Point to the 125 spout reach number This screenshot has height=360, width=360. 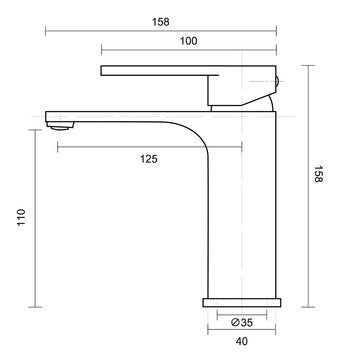click(x=149, y=159)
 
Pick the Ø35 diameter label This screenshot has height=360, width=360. click(x=240, y=322)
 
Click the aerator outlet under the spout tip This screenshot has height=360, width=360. click(x=60, y=125)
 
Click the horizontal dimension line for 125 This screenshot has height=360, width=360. click(x=150, y=147)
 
